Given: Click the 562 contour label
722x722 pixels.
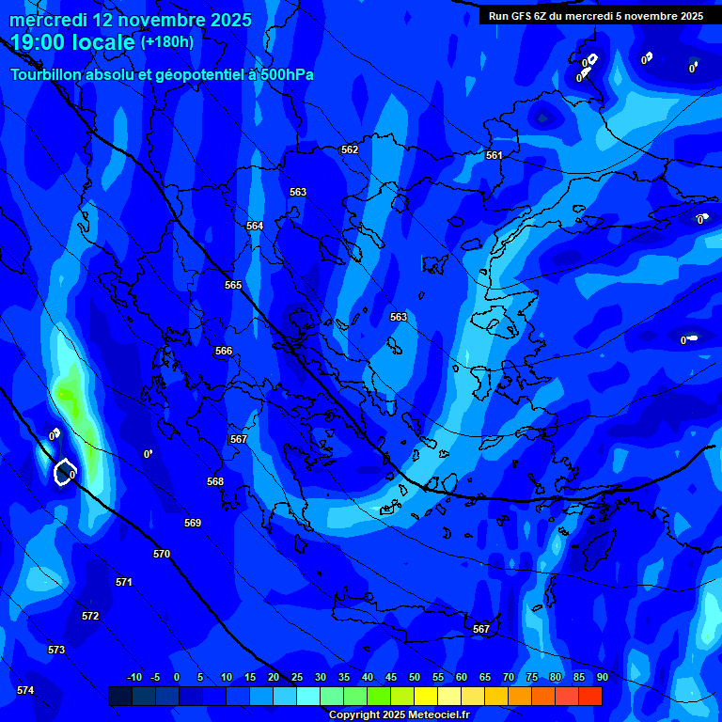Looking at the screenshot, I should (350, 149).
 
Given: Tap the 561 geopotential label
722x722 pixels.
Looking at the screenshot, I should (494, 155).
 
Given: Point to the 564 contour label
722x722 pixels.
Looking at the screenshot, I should (255, 226).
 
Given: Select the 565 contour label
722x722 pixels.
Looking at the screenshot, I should (233, 285).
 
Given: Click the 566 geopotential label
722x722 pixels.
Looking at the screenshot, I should (224, 351).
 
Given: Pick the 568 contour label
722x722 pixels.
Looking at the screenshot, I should (215, 481).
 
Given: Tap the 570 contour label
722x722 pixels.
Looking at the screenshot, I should (162, 554).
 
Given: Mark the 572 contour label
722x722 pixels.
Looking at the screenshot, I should (90, 616).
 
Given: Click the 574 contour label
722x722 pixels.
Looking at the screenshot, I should (25, 690).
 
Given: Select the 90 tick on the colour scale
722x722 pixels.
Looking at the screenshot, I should (602, 677).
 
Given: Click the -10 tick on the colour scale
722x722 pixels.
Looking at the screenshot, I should (133, 677).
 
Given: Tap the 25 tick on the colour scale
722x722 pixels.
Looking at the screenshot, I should (296, 677).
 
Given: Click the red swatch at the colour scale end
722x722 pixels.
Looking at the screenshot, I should (590, 696).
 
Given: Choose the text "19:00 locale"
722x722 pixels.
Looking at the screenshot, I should (73, 41).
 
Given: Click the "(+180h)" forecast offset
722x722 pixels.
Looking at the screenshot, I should (167, 41).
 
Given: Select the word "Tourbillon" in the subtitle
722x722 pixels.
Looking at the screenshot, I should (48, 74).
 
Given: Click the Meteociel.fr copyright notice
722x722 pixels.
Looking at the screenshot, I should (400, 714).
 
